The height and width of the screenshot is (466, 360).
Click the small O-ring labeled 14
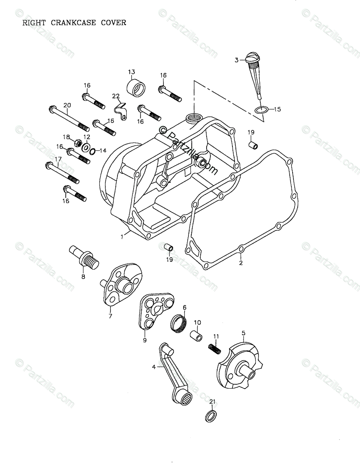pyautogui.click(x=92, y=151)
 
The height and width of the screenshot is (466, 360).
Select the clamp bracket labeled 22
pyautogui.click(x=120, y=110)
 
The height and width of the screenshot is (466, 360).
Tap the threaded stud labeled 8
pyautogui.click(x=86, y=258)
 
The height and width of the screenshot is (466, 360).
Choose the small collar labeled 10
pyautogui.click(x=196, y=336)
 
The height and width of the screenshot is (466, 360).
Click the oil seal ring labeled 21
pyautogui.click(x=211, y=416)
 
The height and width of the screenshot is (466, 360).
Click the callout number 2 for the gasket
pyautogui.click(x=241, y=263)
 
